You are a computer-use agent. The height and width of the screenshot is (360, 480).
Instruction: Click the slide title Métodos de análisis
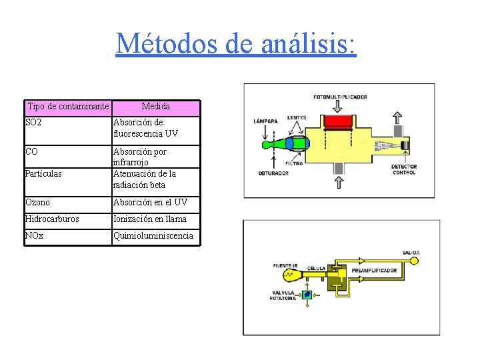tap(236, 44)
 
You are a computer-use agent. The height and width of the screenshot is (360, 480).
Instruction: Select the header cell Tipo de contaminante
tap(68, 107)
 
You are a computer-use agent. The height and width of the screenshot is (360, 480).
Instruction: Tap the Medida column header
tap(156, 107)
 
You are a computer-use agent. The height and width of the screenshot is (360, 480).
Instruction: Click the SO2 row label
tap(33, 123)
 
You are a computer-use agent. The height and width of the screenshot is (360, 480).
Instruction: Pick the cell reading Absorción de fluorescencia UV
tap(145, 128)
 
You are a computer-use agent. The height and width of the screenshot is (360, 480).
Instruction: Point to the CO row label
tap(31, 152)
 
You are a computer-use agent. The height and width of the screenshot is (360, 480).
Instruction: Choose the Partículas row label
tap(43, 174)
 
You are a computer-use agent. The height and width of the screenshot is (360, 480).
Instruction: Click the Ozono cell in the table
tap(37, 203)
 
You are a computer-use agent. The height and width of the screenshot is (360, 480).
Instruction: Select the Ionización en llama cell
tap(150, 219)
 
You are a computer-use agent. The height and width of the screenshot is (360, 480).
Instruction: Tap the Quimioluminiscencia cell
tap(153, 236)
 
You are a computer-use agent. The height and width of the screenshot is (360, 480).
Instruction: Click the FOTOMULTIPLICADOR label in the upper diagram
tap(340, 97)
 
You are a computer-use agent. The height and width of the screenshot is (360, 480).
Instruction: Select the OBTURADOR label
tap(273, 174)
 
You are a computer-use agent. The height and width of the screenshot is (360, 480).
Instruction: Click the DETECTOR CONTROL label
tap(403, 169)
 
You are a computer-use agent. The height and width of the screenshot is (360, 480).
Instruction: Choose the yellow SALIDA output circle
tap(414, 261)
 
